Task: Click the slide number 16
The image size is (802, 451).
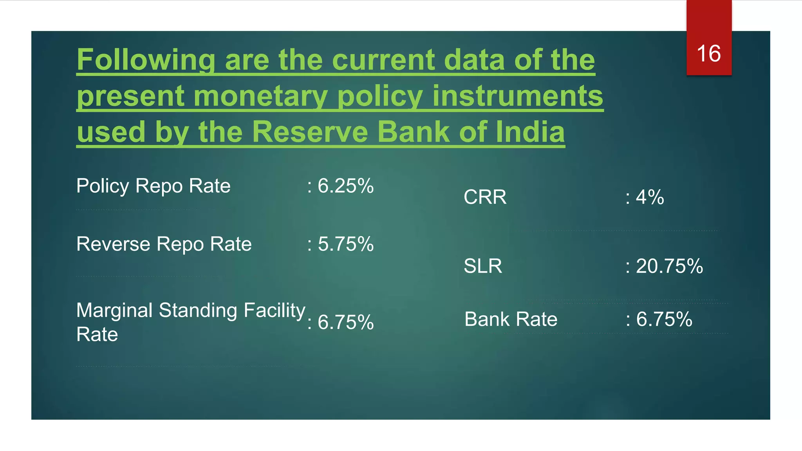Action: coord(708,53)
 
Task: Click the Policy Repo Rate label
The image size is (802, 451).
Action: coord(153,186)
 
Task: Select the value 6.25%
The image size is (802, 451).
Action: coord(345,186)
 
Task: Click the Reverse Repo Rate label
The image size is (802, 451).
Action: coord(164,244)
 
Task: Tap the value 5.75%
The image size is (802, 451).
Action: coord(345,244)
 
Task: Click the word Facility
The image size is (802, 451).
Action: coord(274,310)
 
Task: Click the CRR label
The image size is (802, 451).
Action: coord(485,197)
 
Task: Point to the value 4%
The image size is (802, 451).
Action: coord(649,197)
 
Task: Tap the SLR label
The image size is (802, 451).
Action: coord(482,266)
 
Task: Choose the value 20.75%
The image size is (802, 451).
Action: coord(669,266)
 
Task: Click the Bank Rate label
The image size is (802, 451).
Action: coord(511,319)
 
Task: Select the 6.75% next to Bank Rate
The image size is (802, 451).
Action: coord(664,319)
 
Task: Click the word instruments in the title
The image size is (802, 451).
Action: coord(517,96)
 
